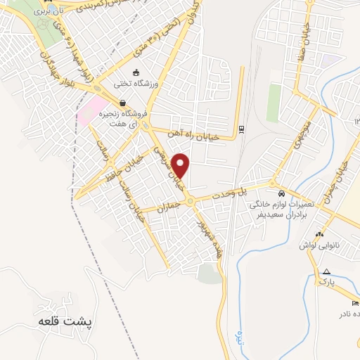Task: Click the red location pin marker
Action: (x=181, y=165)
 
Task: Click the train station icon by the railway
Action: (x=241, y=129)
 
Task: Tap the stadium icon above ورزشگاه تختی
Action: (x=136, y=72)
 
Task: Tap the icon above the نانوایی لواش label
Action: (x=320, y=234)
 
